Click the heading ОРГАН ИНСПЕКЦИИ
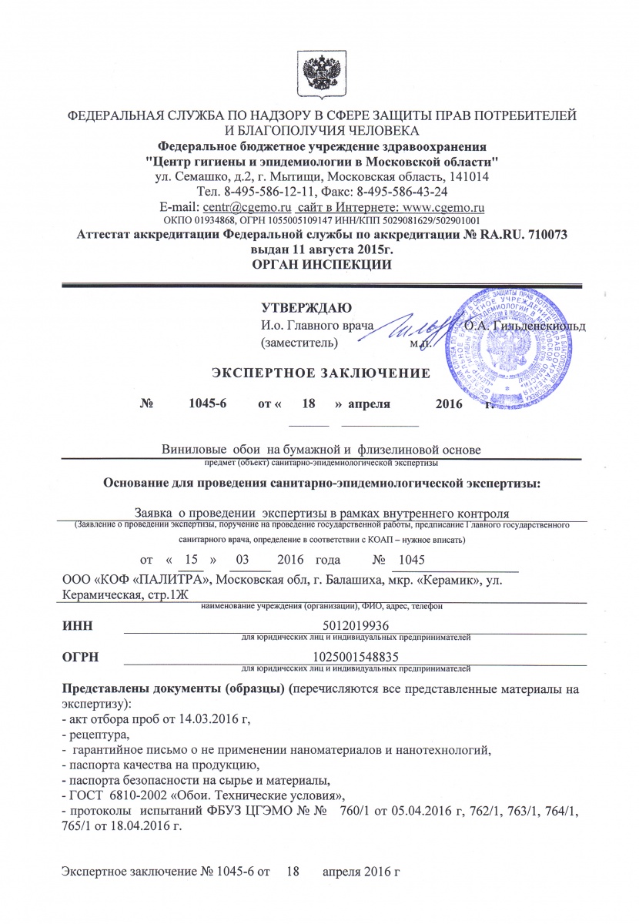pos(322,265)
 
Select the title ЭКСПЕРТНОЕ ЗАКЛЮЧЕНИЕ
pos(320,374)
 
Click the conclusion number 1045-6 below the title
pos(206,403)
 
